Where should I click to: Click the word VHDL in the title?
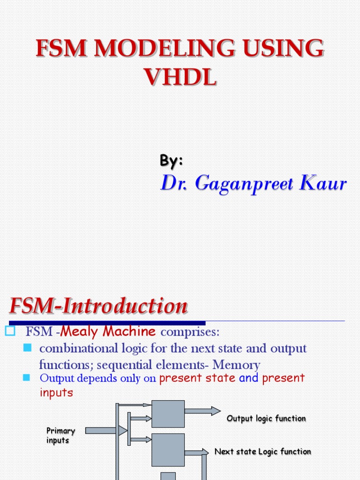[x=180, y=77]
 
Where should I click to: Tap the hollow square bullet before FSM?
[x=10, y=331]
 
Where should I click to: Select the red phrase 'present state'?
[x=197, y=378]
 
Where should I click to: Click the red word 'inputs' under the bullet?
[x=56, y=392]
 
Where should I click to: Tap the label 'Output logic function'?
[x=266, y=418]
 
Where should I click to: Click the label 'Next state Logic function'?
[x=262, y=451]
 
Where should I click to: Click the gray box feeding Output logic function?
[x=168, y=414]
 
